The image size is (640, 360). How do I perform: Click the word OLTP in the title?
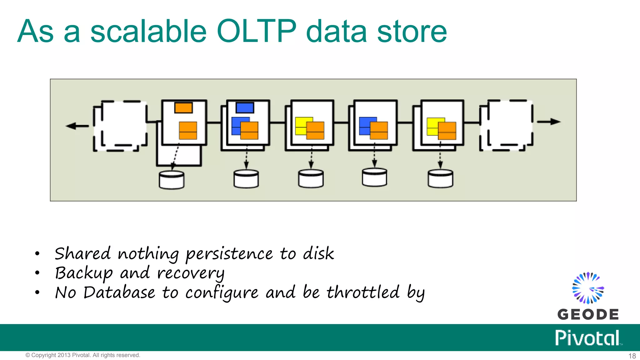coord(256,31)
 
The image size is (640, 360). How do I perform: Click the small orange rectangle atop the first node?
coord(183,108)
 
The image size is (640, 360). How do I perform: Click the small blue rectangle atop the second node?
coord(245,108)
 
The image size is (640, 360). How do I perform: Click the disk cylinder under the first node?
coord(171,180)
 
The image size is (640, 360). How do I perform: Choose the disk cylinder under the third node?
coord(311,179)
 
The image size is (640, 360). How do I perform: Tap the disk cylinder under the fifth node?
coord(440,179)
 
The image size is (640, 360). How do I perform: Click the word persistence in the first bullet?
coord(230,254)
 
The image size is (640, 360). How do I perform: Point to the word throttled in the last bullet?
coord(363,293)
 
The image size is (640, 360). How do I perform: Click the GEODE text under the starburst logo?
coord(588,314)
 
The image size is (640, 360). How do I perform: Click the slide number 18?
coord(632,356)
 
